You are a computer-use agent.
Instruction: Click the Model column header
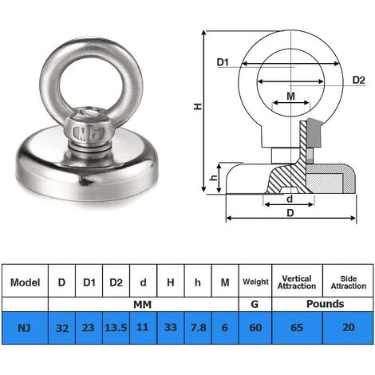(25, 282)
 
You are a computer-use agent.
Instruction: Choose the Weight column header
(255, 282)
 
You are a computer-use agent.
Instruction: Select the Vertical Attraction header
(297, 282)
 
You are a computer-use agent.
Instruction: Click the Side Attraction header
(348, 282)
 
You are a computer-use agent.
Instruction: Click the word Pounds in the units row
(322, 304)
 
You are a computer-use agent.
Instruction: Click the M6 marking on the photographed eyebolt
(86, 130)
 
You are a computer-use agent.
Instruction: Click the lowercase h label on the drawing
(212, 177)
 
